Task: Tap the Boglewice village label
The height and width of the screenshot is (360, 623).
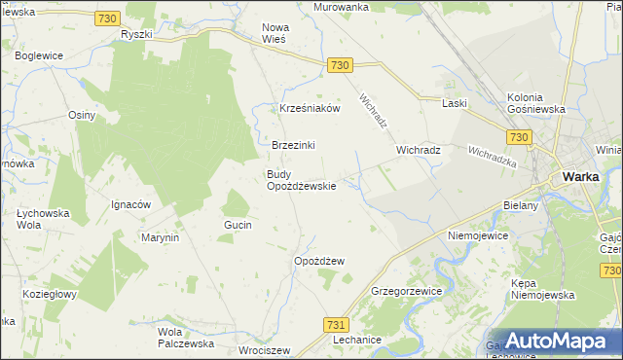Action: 39,56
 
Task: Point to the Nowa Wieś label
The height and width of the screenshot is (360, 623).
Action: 282,34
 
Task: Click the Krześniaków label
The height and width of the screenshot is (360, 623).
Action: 310,109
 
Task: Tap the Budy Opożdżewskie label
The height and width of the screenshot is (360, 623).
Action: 302,181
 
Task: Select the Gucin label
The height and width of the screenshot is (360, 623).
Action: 238,225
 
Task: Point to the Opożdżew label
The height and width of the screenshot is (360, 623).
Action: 319,262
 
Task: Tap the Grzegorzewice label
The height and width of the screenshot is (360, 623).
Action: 407,291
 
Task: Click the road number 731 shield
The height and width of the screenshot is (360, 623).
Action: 337,324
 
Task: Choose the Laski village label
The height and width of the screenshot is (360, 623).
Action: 455,103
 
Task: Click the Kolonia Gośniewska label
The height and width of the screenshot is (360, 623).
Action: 536,103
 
